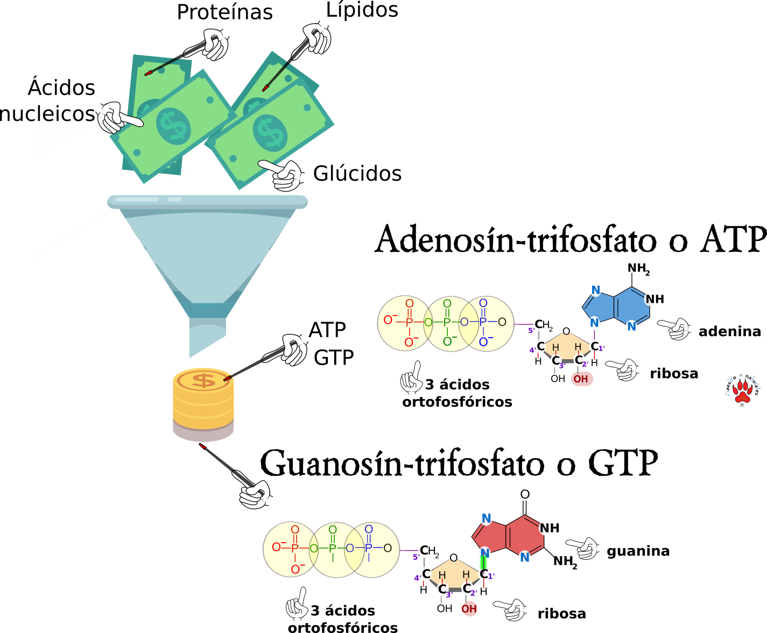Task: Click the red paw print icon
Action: tap(743, 391)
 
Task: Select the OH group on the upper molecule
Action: tap(581, 379)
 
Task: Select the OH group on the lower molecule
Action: tap(469, 609)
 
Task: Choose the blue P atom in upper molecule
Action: tap(483, 322)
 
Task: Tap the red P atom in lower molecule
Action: tap(295, 549)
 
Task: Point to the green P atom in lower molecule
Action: tap(333, 549)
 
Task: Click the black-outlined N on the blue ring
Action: tap(650, 299)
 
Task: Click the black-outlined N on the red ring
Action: tap(545, 528)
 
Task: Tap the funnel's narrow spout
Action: tap(207, 336)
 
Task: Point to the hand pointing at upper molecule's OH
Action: tap(623, 369)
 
